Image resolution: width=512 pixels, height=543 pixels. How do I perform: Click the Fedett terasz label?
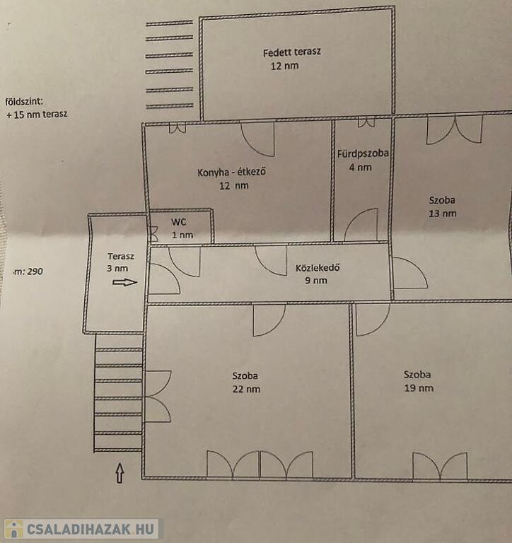pos(291,53)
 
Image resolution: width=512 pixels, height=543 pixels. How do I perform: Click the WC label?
pos(180,221)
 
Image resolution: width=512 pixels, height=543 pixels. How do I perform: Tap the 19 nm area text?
pos(419,388)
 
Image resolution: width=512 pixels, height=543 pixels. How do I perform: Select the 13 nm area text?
pos(442,213)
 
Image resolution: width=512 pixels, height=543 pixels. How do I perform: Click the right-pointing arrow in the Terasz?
pos(125,282)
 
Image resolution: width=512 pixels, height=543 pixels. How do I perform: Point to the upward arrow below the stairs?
pos(120,472)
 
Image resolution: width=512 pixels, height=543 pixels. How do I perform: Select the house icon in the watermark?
pos(13,529)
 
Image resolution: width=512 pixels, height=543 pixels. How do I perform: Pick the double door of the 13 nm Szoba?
pos(455,129)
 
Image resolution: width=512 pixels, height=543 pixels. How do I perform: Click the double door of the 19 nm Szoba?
pos(440,466)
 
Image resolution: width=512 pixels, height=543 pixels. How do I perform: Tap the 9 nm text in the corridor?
pos(315,281)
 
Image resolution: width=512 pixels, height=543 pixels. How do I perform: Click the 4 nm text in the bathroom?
pos(359,168)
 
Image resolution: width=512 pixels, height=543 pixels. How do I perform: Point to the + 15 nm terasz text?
pos(37,114)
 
